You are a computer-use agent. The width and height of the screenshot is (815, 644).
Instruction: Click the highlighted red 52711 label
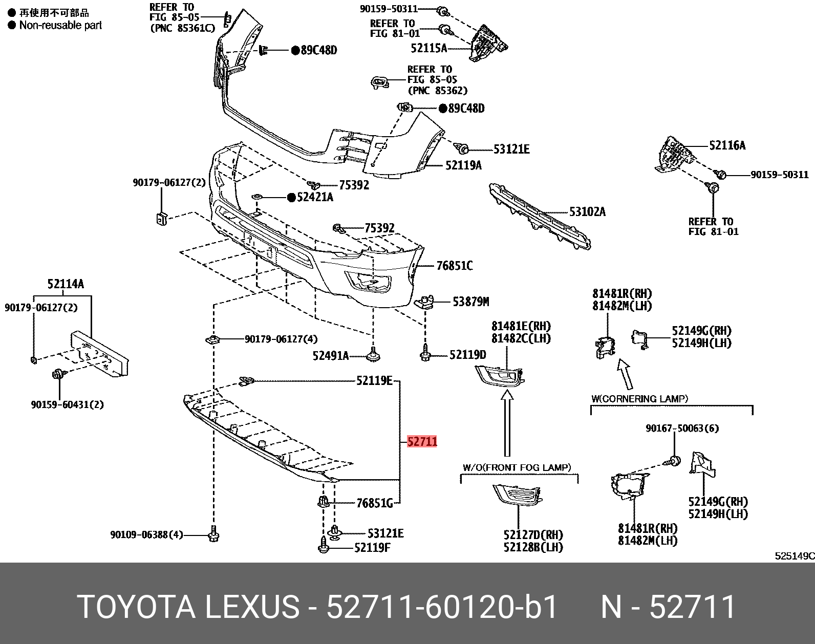pos(422,441)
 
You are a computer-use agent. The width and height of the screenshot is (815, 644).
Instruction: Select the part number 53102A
pos(587,211)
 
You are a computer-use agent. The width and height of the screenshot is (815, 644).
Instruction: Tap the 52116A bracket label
pos(727,145)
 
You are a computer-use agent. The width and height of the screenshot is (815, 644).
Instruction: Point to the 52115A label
pos(428,48)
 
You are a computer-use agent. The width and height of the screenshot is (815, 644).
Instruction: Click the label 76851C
pos(454,266)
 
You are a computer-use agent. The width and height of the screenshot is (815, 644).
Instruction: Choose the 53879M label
pos(470,302)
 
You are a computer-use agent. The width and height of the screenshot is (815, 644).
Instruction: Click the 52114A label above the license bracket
pos(66,284)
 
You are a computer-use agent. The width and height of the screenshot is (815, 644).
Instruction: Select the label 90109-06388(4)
pos(146,535)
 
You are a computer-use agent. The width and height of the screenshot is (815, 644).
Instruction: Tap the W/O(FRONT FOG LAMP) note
pos(517,467)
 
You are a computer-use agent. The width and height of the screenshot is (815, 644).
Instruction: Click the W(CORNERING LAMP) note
pos(639,398)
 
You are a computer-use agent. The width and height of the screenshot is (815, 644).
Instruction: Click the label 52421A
pos(315,197)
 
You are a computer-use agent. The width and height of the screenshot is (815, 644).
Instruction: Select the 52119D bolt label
pos(467,355)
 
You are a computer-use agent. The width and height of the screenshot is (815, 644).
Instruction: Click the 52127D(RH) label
pos(533,535)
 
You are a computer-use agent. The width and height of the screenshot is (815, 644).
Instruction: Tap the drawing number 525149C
pos(794,556)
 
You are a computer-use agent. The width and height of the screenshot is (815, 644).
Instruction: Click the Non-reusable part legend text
pos(60,25)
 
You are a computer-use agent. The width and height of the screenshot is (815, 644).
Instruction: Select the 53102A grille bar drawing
pos(540,216)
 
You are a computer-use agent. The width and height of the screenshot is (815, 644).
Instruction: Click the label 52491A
pos(330,355)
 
